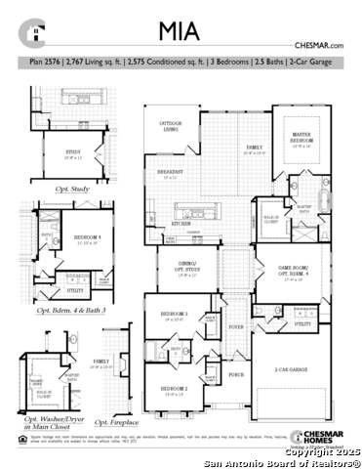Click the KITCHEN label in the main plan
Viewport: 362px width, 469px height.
pyautogui.click(x=181, y=223)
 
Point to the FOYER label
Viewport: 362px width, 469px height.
pyautogui.click(x=235, y=327)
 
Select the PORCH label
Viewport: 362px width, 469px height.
pyautogui.click(x=235, y=374)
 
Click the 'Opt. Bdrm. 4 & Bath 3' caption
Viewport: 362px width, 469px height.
pyautogui.click(x=70, y=309)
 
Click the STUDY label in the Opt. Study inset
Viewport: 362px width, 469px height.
pyautogui.click(x=71, y=151)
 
